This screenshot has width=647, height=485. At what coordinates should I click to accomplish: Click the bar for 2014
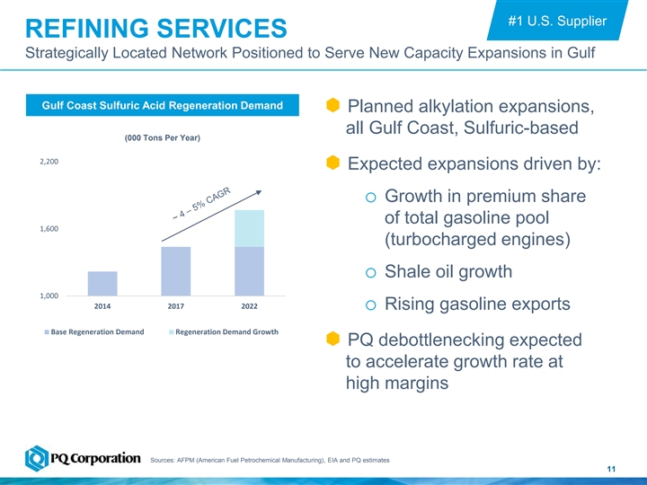[x=102, y=283]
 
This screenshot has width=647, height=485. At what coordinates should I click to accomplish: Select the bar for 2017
[x=176, y=270]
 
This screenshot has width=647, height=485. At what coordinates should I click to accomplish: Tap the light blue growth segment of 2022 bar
[x=249, y=228]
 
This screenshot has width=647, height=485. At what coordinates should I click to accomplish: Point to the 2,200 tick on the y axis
[x=49, y=163]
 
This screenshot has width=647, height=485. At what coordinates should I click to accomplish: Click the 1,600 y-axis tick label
[x=49, y=229]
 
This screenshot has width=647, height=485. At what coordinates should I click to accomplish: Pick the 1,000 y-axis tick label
[x=49, y=295]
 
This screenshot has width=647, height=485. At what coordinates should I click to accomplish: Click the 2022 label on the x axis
[x=249, y=306]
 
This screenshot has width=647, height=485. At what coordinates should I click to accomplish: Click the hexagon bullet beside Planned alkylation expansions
[x=332, y=107]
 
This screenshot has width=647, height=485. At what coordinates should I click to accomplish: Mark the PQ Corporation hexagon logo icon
[x=38, y=458]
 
